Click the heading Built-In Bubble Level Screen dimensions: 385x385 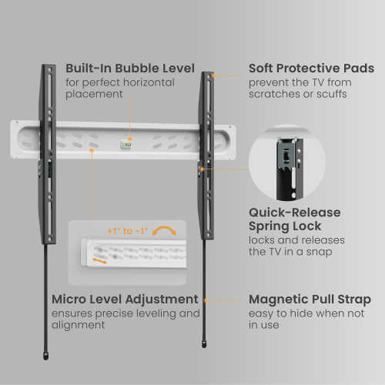(x=130, y=69)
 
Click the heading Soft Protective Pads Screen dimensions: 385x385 (x=311, y=69)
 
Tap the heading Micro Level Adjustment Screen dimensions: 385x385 (x=125, y=300)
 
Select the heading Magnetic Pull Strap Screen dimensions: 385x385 (x=310, y=300)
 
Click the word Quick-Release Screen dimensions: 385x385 (x=295, y=213)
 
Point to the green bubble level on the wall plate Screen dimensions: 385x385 (x=126, y=145)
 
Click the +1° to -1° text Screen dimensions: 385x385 (x=127, y=231)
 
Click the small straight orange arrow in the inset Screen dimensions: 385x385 (x=99, y=261)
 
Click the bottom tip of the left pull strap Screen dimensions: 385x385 (x=45, y=359)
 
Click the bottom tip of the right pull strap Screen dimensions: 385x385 (x=204, y=347)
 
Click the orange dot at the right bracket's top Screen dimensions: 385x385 (x=214, y=75)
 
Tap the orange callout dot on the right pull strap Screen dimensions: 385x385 (x=206, y=300)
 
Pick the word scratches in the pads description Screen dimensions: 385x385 (x=274, y=94)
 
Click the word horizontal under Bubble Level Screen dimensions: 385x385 (x=149, y=82)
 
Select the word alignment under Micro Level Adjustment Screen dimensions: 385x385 (x=78, y=326)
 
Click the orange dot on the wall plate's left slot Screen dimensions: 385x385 (x=92, y=150)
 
